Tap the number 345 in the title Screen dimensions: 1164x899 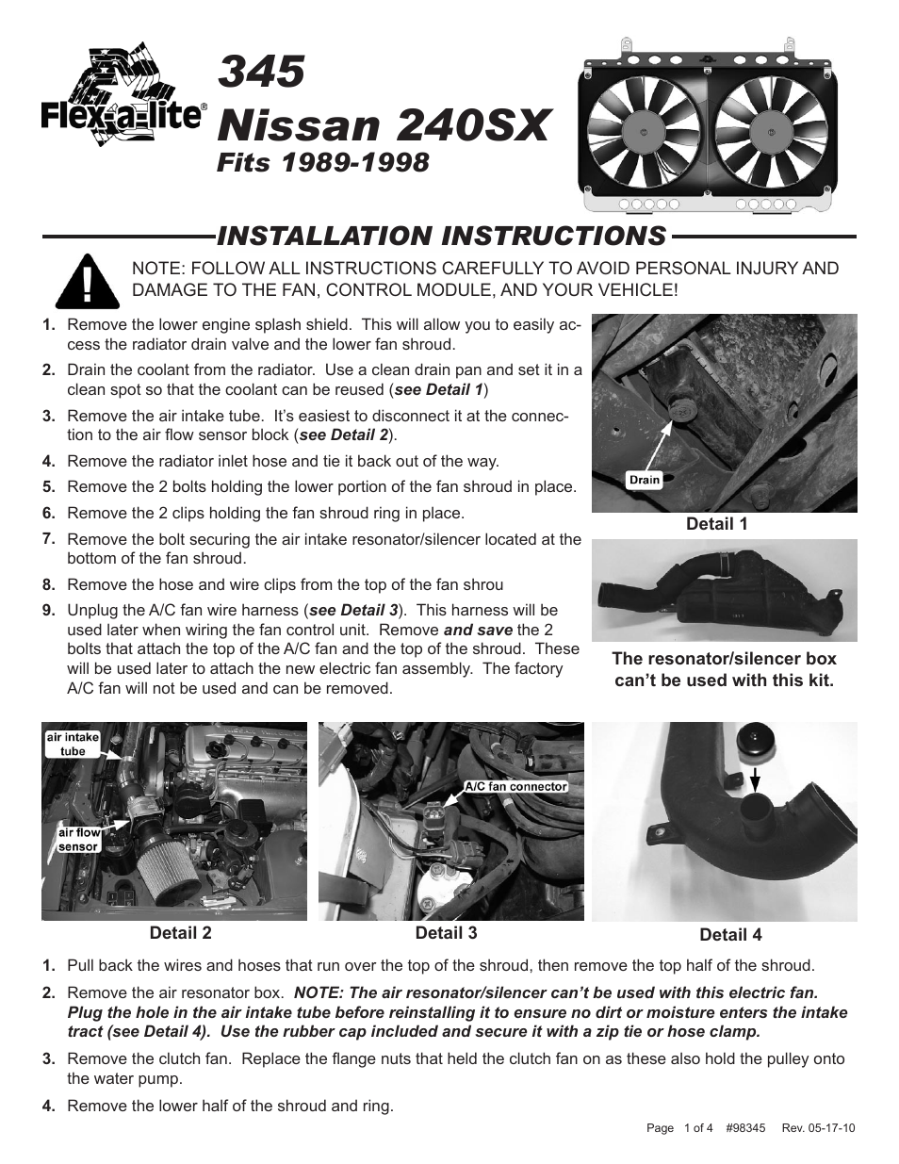tap(262, 73)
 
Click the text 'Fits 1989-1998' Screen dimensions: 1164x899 tap(323, 162)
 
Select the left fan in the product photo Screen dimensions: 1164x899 tap(643, 128)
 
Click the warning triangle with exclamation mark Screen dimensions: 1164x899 tap(87, 282)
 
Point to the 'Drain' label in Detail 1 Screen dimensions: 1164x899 tap(645, 480)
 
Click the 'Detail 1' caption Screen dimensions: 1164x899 tap(716, 524)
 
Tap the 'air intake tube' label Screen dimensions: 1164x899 tap(73, 745)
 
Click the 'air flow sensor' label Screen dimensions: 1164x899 tap(78, 840)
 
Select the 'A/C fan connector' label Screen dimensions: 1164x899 tap(515, 786)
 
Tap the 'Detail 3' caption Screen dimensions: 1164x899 tap(446, 933)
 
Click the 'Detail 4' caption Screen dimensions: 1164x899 tap(730, 935)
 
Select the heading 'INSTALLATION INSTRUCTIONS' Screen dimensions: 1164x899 tap(441, 236)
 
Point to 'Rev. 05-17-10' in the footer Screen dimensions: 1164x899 tap(818, 1128)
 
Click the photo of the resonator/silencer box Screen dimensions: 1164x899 tap(724, 590)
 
